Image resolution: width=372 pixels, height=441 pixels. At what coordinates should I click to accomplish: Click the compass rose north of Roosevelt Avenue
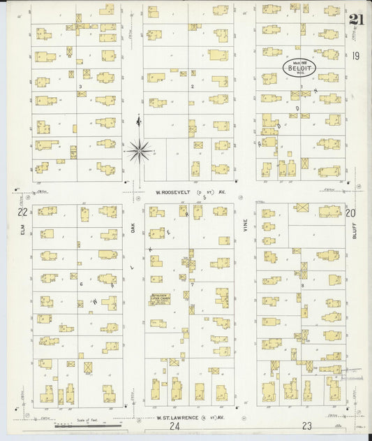140,149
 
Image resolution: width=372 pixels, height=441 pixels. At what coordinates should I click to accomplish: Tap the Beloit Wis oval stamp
299,68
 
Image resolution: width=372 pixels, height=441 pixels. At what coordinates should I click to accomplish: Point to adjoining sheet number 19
355,56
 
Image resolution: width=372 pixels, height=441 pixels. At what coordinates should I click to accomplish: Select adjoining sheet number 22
23,211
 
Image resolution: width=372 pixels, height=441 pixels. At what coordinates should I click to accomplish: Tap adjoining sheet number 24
174,426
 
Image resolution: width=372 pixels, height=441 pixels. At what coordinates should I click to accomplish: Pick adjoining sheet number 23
306,425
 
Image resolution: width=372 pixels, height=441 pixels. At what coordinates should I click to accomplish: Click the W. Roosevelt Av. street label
184,191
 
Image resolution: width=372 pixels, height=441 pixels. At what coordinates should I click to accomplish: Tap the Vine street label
245,226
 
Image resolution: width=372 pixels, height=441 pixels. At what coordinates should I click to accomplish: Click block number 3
81,87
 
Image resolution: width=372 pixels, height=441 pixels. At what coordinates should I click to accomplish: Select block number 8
302,286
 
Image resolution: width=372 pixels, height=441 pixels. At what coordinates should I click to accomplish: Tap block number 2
191,87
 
